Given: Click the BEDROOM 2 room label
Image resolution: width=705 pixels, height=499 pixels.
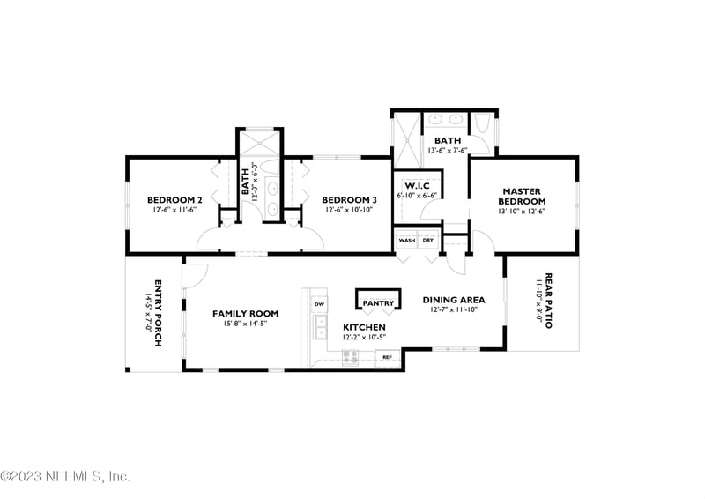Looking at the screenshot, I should tap(174, 200).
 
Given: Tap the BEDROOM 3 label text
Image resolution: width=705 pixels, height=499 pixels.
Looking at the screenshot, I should tap(349, 200).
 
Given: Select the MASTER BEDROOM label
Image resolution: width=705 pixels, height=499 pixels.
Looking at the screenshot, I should tap(521, 196).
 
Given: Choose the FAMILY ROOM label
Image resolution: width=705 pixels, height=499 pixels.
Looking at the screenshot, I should tap(245, 313).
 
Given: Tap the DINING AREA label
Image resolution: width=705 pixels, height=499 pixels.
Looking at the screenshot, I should tap(453, 300).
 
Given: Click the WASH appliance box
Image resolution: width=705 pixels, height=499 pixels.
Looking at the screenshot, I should tap(406, 240).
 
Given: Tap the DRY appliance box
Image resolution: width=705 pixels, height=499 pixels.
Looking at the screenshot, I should tap(428, 240).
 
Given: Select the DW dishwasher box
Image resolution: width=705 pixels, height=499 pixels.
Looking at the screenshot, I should tap(320, 304).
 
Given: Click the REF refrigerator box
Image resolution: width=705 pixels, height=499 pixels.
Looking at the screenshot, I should tap(386, 357).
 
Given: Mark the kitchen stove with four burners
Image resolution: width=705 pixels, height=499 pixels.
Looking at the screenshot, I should tap(350, 357).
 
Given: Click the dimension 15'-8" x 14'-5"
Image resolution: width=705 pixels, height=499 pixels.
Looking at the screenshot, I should tap(245, 324).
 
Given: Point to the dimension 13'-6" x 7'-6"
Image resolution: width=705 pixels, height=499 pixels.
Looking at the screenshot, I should tap(447, 151).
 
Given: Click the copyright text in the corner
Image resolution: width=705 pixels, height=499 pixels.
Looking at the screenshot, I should tap(65, 476).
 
